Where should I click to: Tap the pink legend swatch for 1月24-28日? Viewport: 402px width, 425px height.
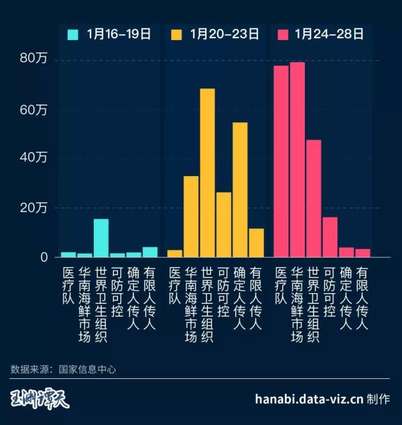pyautogui.click(x=283, y=34)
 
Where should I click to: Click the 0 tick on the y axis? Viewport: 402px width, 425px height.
pyautogui.click(x=44, y=257)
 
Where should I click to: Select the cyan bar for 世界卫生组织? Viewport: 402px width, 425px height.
pyautogui.click(x=101, y=238)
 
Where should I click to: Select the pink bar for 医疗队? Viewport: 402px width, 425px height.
pyautogui.click(x=281, y=161)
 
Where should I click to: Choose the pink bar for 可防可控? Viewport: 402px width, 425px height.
pyautogui.click(x=330, y=236)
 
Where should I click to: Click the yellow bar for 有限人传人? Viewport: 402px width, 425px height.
pyautogui.click(x=256, y=242)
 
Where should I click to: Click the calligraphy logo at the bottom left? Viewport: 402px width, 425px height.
pyautogui.click(x=40, y=399)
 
